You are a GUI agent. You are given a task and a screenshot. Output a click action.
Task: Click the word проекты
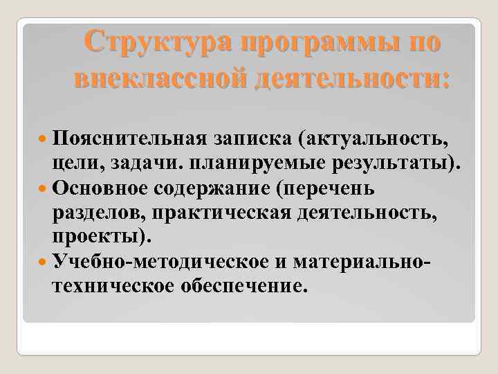click(x=98, y=238)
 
